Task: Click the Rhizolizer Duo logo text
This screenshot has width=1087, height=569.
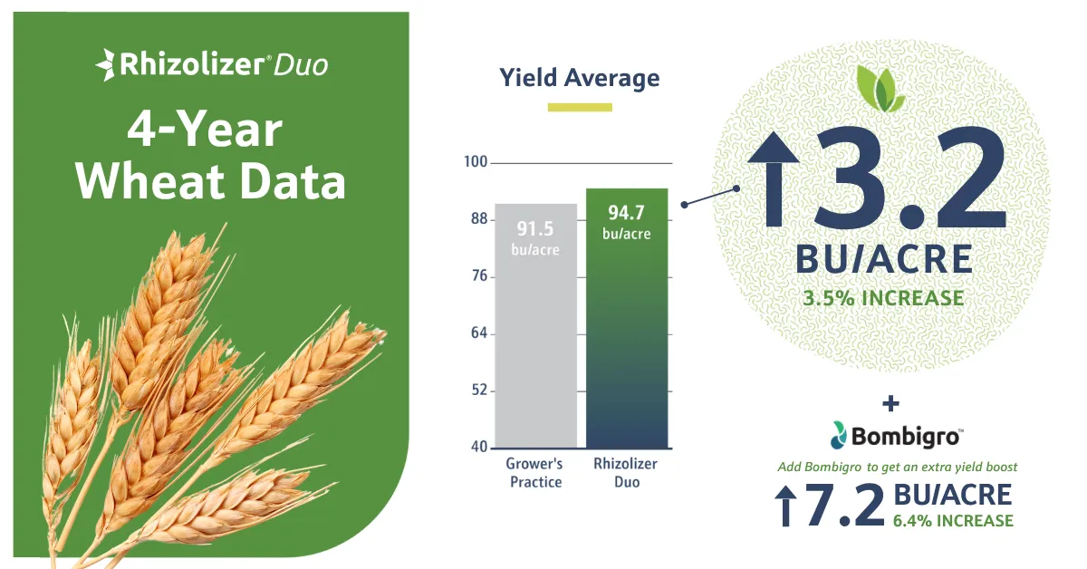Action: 212,65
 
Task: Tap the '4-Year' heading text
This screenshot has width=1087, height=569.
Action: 205,130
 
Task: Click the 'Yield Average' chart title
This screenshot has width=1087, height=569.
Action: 580,78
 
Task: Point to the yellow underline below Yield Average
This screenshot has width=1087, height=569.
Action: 580,107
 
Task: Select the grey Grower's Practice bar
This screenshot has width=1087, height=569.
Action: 535,326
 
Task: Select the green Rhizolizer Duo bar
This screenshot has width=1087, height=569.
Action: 627,318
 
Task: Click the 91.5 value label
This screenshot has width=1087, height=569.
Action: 534,228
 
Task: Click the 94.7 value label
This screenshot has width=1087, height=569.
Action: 627,213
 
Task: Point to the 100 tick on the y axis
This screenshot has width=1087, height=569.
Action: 476,161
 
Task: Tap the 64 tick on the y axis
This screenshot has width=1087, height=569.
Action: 479,333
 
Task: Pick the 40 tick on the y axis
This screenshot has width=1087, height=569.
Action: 479,447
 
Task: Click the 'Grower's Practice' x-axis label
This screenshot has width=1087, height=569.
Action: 534,473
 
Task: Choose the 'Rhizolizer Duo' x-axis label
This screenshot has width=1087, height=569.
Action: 626,473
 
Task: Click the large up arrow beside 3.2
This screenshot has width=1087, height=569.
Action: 774,179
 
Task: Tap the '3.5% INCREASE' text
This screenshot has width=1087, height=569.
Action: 884,298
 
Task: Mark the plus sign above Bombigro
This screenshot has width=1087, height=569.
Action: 890,403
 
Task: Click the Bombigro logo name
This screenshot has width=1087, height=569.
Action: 906,436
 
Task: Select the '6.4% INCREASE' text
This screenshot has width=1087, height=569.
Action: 953,521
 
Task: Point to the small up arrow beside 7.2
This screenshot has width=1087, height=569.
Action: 785,506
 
